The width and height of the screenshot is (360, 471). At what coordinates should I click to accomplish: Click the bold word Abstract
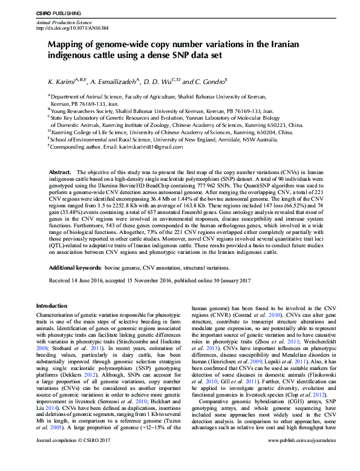pos(61,172)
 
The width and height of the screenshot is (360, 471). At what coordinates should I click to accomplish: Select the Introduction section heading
pos(52,306)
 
